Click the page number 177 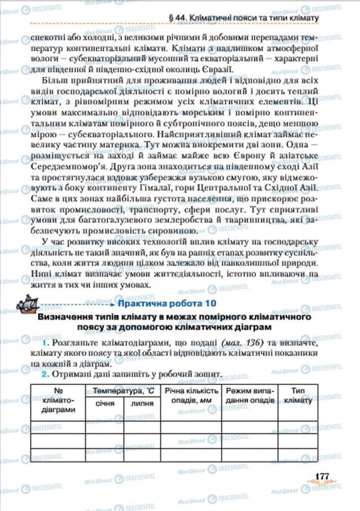pos(322,477)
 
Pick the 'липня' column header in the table pos(142,403)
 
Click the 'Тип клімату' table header pos(299,396)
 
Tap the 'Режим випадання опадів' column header pos(250,396)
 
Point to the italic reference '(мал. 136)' pos(240,344)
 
